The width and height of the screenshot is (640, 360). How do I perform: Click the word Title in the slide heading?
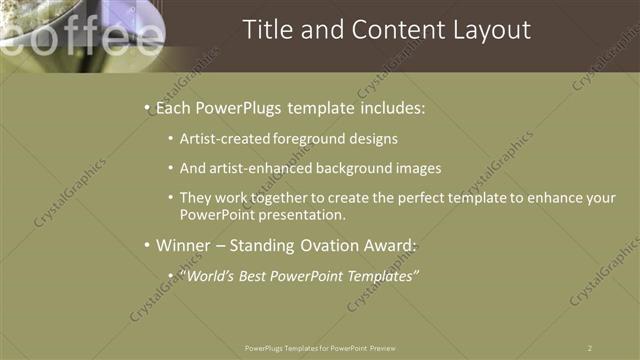coord(269,31)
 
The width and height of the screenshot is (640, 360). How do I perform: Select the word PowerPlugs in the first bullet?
coord(245,105)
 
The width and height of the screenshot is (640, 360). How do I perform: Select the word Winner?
coord(186,245)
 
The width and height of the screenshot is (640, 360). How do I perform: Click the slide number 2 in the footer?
coord(590,347)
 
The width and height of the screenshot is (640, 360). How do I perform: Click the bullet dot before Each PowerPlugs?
coord(147,106)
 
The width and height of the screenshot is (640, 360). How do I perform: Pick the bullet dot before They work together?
coord(172,198)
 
